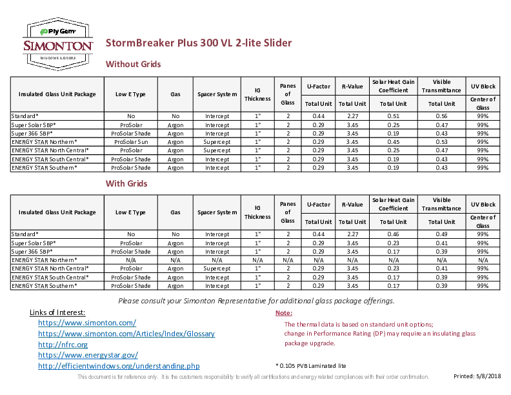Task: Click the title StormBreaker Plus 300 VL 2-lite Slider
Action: pyautogui.click(x=199, y=43)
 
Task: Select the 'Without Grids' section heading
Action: pyautogui.click(x=133, y=64)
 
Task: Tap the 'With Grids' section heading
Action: pyautogui.click(x=126, y=183)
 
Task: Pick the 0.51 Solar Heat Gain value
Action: pyautogui.click(x=393, y=115)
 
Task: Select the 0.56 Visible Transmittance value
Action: pyautogui.click(x=442, y=115)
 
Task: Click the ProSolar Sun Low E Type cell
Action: pyautogui.click(x=131, y=141)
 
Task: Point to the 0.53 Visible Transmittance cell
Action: pyautogui.click(x=442, y=141)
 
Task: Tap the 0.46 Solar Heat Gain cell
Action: pyautogui.click(x=393, y=234)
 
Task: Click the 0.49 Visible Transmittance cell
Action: pyautogui.click(x=442, y=234)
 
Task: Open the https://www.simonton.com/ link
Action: pyautogui.click(x=87, y=322)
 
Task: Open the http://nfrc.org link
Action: pyautogui.click(x=63, y=344)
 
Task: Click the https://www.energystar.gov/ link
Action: pyautogui.click(x=88, y=355)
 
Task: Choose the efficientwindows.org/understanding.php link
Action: pyautogui.click(x=119, y=366)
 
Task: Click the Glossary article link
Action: pyautogui.click(x=126, y=333)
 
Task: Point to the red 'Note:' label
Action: pyautogui.click(x=284, y=312)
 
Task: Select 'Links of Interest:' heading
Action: pyautogui.click(x=57, y=312)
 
